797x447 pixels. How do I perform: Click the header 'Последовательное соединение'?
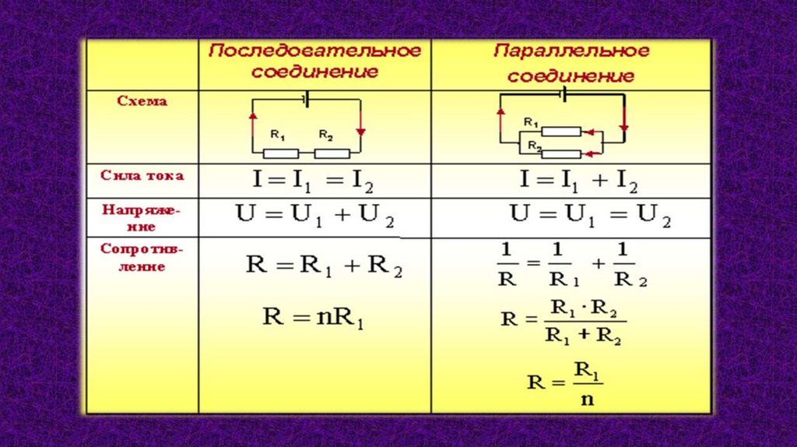pyautogui.click(x=315, y=61)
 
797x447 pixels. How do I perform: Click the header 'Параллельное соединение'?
pyautogui.click(x=571, y=64)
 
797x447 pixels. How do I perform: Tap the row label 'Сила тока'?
pyautogui.click(x=142, y=175)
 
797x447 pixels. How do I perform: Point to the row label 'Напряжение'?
pyautogui.click(x=140, y=218)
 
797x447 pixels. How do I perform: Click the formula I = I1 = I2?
pyautogui.click(x=313, y=182)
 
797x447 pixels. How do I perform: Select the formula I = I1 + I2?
pyautogui.click(x=578, y=182)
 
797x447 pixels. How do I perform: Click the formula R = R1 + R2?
pyautogui.click(x=324, y=266)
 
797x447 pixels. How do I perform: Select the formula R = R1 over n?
pyautogui.click(x=565, y=382)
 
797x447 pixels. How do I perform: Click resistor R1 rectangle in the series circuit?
pyautogui.click(x=285, y=153)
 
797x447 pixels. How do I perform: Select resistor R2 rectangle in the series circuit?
pyautogui.click(x=332, y=153)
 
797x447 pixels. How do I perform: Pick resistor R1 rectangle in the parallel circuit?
pyautogui.click(x=560, y=132)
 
